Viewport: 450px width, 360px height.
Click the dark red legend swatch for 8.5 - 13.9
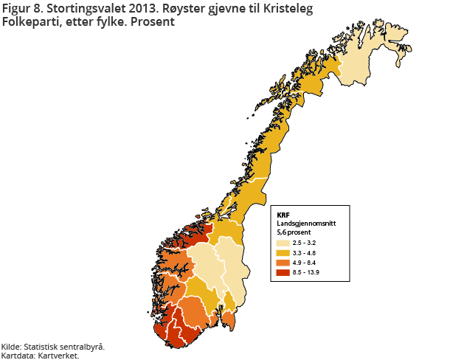click(283, 273)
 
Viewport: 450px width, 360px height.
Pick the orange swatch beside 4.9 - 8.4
click(283, 263)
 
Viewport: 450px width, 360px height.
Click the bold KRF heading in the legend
click(283, 215)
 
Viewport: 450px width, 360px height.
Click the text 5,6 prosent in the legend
click(293, 232)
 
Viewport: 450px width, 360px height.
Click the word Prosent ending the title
click(154, 22)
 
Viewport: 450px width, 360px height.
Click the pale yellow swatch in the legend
click(283, 242)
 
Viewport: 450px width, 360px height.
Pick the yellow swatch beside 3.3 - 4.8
click(283, 252)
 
